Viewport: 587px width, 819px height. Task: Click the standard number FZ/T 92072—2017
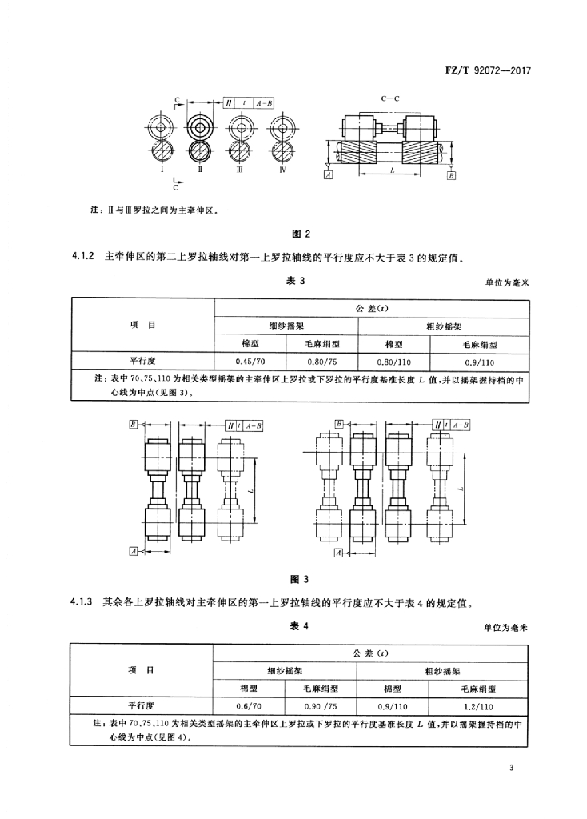point(487,70)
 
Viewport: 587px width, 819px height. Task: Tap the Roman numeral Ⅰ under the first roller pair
point(162,170)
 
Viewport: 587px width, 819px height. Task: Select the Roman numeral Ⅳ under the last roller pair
point(282,170)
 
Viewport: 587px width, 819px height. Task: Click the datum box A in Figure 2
point(328,175)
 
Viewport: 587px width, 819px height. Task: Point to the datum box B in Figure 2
point(451,175)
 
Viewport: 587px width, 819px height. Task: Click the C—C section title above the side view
point(390,98)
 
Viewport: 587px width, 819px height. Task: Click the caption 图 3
point(299,579)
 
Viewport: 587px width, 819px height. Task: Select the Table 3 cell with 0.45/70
point(250,362)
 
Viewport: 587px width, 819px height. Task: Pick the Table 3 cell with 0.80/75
point(321,362)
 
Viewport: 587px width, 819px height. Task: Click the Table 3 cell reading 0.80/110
point(393,362)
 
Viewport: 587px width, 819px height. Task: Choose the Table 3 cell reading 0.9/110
point(479,362)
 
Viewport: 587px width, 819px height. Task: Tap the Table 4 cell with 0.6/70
point(249,706)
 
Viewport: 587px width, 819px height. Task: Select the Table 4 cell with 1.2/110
point(478,706)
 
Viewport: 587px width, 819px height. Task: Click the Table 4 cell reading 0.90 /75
point(321,706)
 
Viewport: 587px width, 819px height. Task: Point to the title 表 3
point(296,281)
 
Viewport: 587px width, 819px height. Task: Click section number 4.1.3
point(81,602)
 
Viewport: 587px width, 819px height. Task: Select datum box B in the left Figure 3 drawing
point(134,425)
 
